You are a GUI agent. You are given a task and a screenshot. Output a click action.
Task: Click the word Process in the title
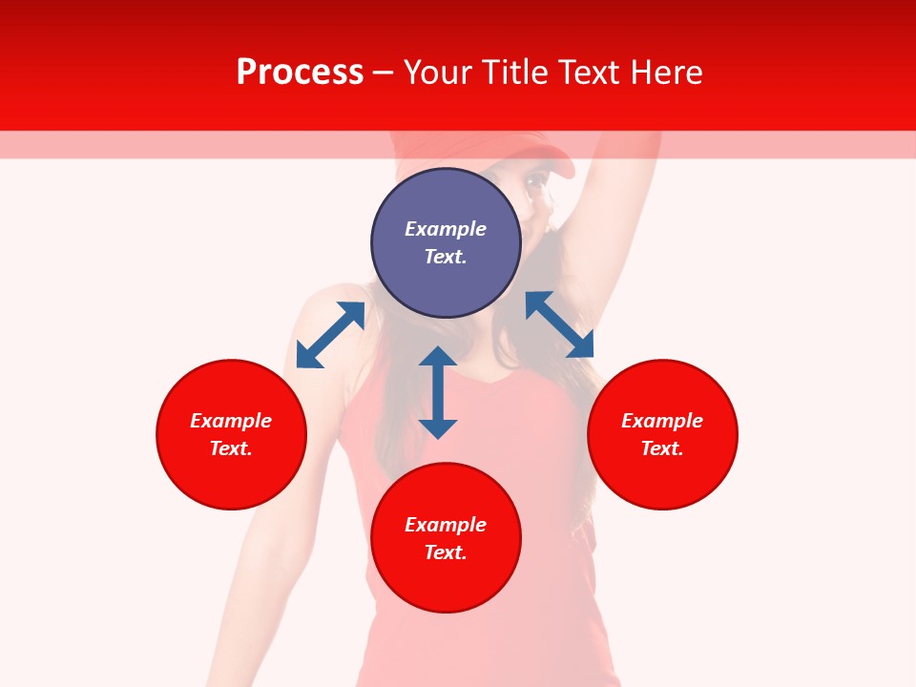click(300, 73)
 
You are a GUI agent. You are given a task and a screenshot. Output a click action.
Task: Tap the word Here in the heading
click(667, 73)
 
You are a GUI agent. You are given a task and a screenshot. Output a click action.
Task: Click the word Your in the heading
click(438, 73)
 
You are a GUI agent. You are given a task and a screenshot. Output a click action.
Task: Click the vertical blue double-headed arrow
click(438, 392)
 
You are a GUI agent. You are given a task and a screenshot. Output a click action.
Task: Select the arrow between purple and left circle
click(330, 335)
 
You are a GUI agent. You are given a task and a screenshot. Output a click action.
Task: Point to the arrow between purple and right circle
click(559, 324)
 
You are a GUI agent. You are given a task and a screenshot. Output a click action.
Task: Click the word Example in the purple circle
click(446, 229)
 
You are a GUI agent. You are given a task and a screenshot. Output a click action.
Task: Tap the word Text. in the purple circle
click(446, 257)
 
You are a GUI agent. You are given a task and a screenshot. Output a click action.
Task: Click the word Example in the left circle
click(231, 421)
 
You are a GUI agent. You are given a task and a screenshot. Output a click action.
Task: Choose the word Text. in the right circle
click(662, 448)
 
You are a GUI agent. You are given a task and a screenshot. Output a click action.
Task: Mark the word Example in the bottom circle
click(446, 525)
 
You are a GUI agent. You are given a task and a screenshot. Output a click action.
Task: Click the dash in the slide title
click(384, 73)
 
